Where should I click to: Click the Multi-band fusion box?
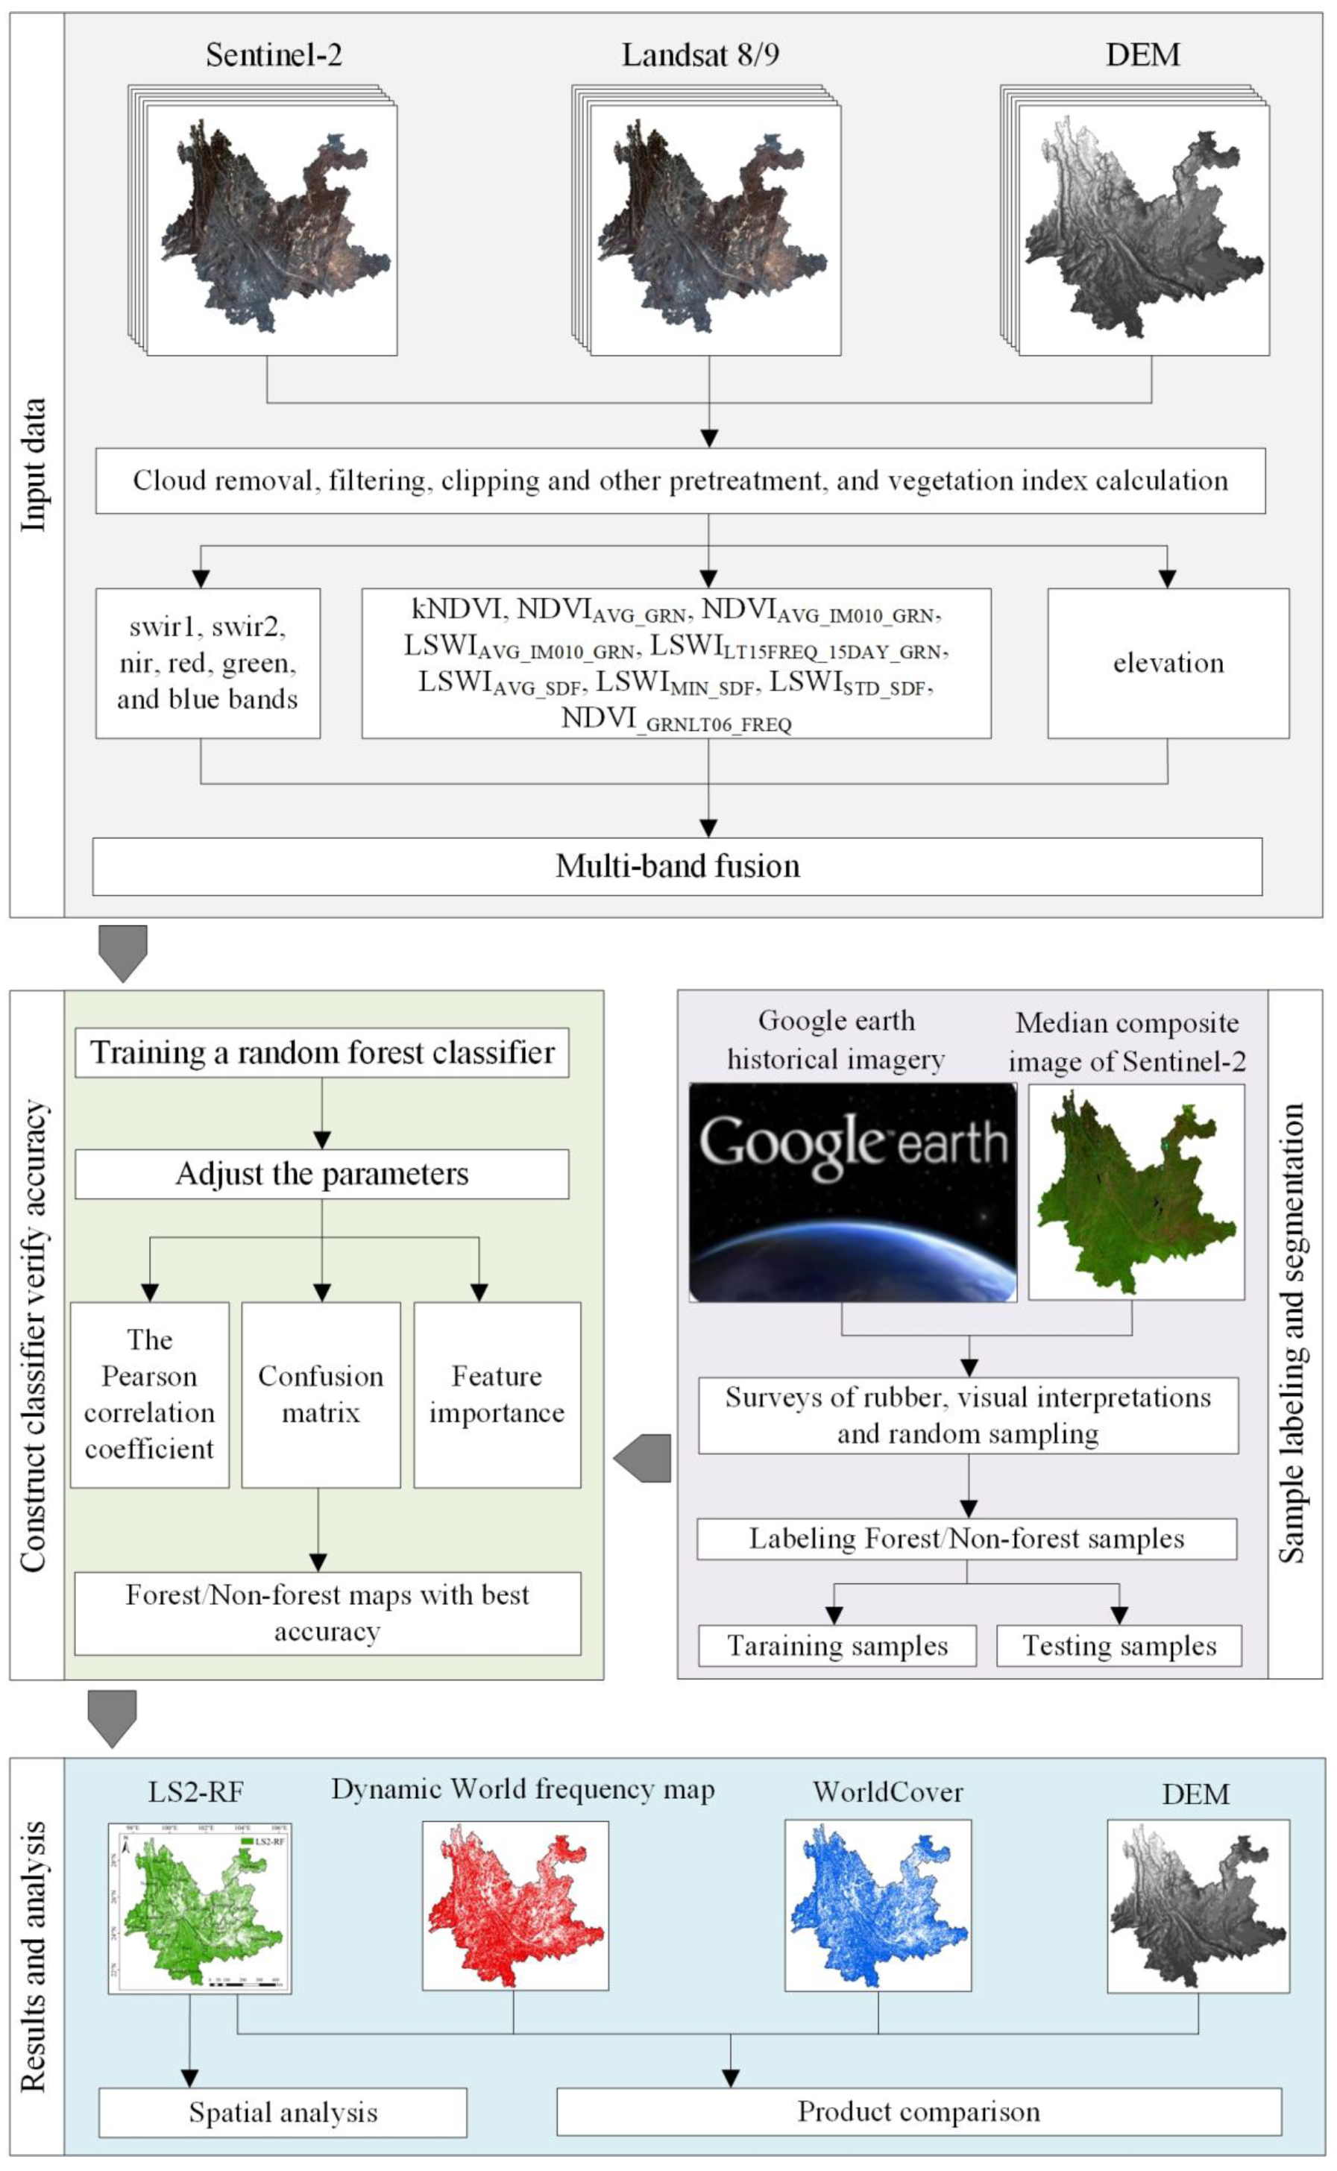pyautogui.click(x=676, y=866)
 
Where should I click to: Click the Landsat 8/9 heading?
pyautogui.click(x=700, y=55)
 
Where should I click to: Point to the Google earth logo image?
pyautogui.click(x=852, y=1191)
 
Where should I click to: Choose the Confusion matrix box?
pyautogui.click(x=320, y=1395)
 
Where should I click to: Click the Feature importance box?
pyautogui.click(x=497, y=1395)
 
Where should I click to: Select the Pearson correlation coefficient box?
pyautogui.click(x=149, y=1395)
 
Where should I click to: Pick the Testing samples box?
pyautogui.click(x=1119, y=1646)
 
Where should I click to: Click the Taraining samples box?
pyautogui.click(x=837, y=1646)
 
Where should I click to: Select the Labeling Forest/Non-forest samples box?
pyautogui.click(x=966, y=1539)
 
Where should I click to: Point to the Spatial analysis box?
pyautogui.click(x=282, y=2113)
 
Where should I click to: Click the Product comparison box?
pyautogui.click(x=918, y=2112)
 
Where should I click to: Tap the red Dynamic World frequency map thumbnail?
pyautogui.click(x=515, y=1905)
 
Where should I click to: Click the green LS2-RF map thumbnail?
pyautogui.click(x=200, y=1908)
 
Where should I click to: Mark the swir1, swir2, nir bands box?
pyautogui.click(x=208, y=663)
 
